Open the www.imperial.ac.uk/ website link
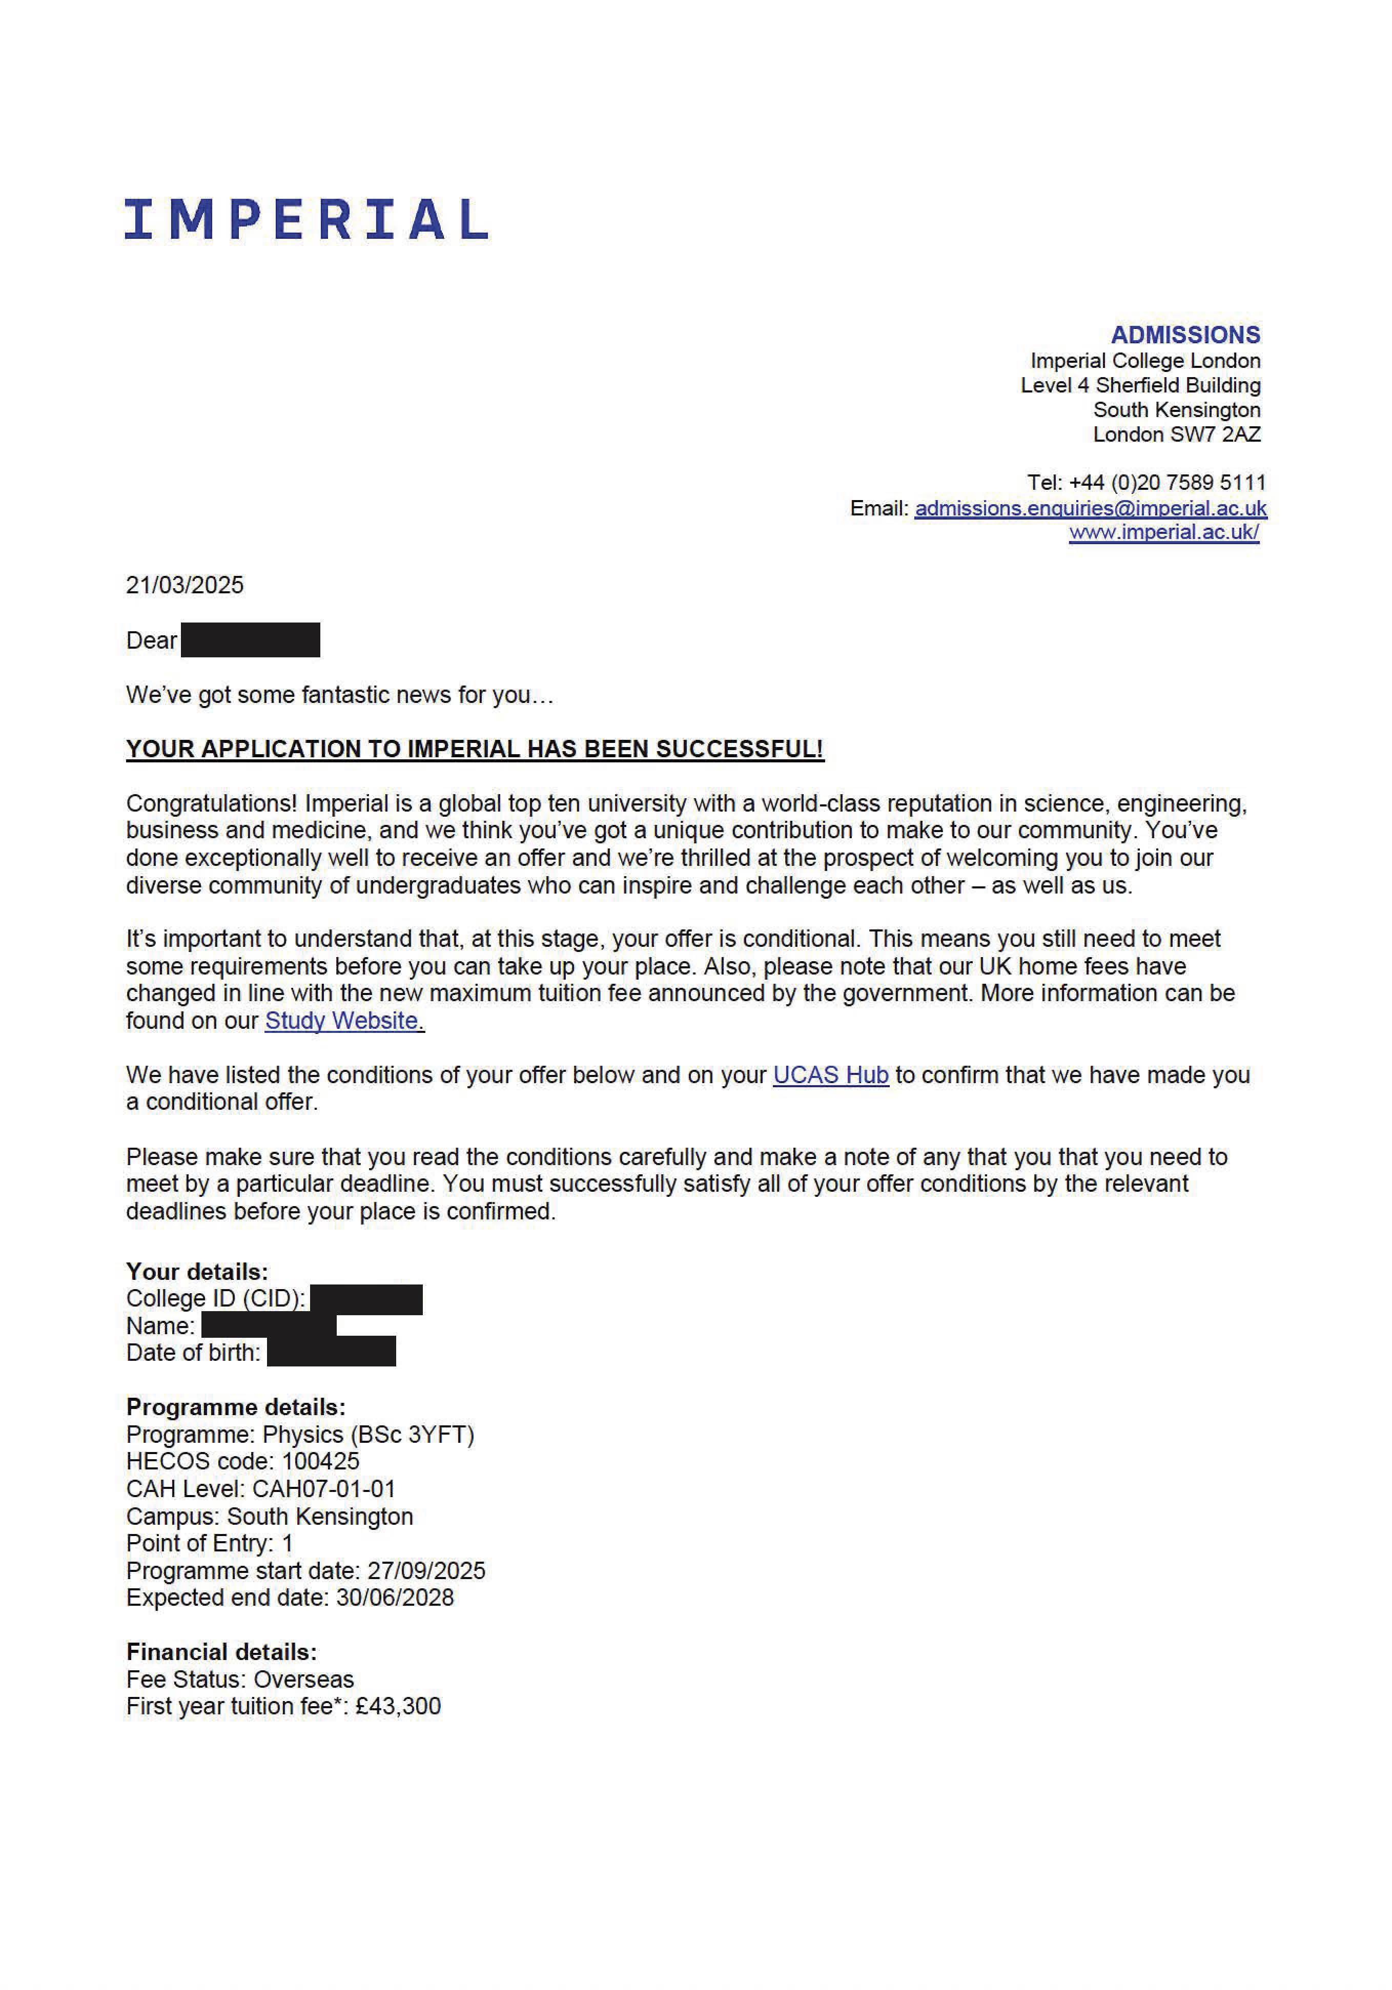[x=1163, y=532]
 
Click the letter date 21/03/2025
[x=185, y=585]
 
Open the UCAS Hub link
[x=830, y=1075]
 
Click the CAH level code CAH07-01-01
[x=323, y=1489]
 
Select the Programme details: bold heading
[x=236, y=1407]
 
